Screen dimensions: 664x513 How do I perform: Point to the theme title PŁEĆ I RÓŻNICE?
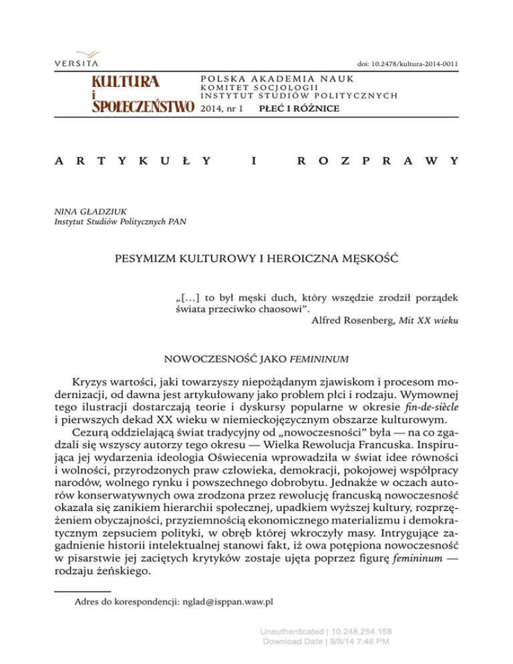[x=289, y=107]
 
